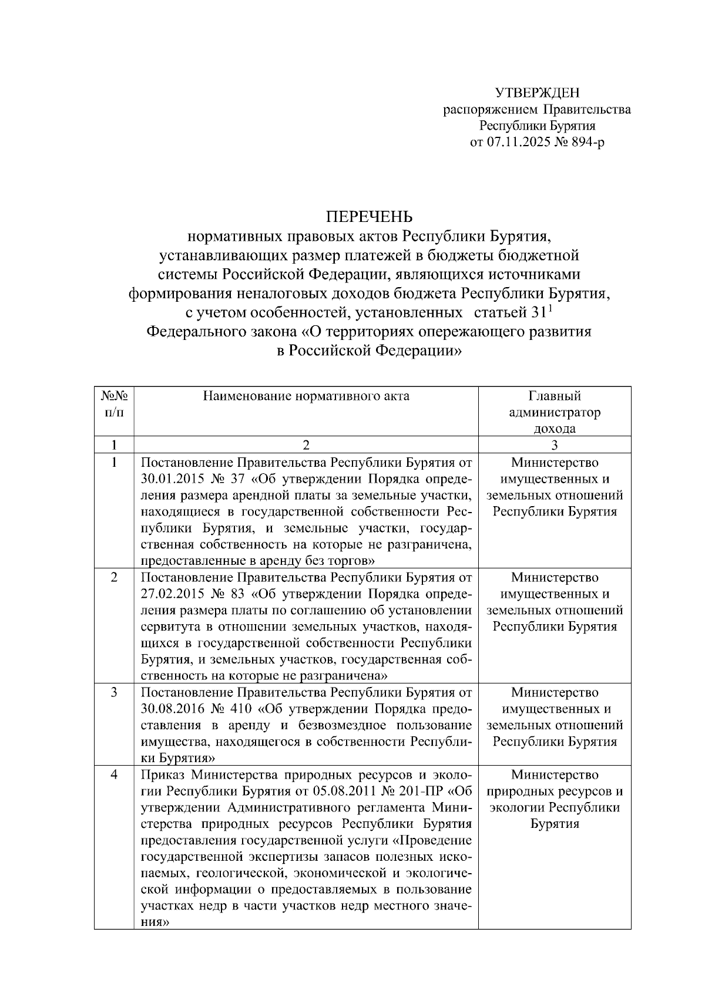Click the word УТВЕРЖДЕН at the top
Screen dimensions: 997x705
537,93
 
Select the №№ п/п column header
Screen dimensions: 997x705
114,403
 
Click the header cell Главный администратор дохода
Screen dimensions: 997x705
554,412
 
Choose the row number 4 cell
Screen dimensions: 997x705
114,774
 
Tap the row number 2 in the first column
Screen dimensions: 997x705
114,577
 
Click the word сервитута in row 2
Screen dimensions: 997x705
168,626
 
